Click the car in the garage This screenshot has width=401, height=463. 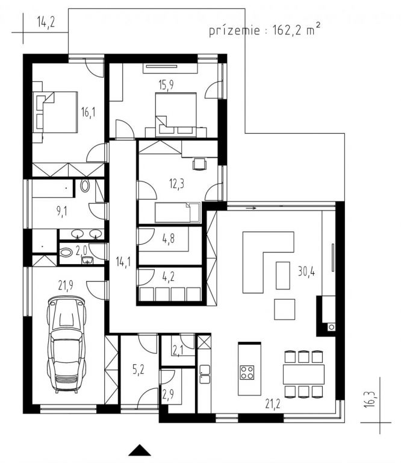point(67,345)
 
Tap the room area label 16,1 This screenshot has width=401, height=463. point(88,112)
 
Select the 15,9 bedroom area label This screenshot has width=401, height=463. point(166,85)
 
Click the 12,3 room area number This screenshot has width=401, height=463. point(176,184)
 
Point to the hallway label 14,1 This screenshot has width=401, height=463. point(123,262)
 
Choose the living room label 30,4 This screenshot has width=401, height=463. point(306,271)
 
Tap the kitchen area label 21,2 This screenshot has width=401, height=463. point(273,404)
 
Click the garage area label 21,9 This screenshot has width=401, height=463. point(66,285)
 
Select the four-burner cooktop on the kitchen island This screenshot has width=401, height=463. point(247,373)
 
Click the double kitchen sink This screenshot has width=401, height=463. point(205,374)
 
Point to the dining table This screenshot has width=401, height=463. point(303,374)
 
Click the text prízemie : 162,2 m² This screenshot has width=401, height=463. point(264,30)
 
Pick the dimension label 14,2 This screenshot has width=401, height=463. point(46,22)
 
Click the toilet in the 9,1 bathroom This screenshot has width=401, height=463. point(85,186)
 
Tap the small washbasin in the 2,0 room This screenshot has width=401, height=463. point(87,260)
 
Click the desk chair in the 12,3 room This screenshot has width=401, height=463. point(199,164)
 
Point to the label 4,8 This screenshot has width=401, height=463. point(169,239)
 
